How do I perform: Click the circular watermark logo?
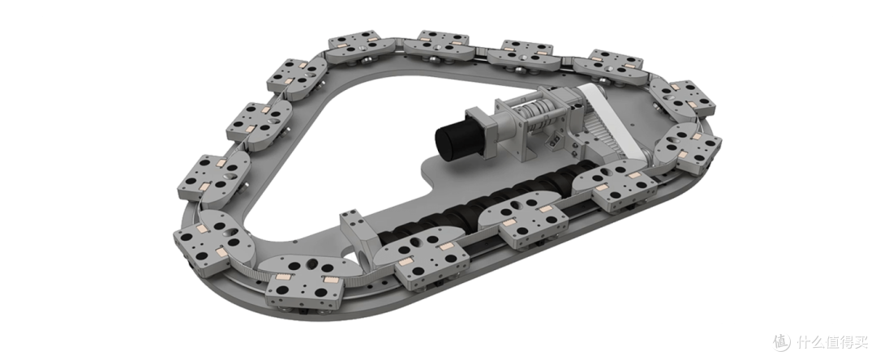coord(782,341)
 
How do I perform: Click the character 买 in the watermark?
coord(860,341)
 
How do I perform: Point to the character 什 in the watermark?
coord(803,341)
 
